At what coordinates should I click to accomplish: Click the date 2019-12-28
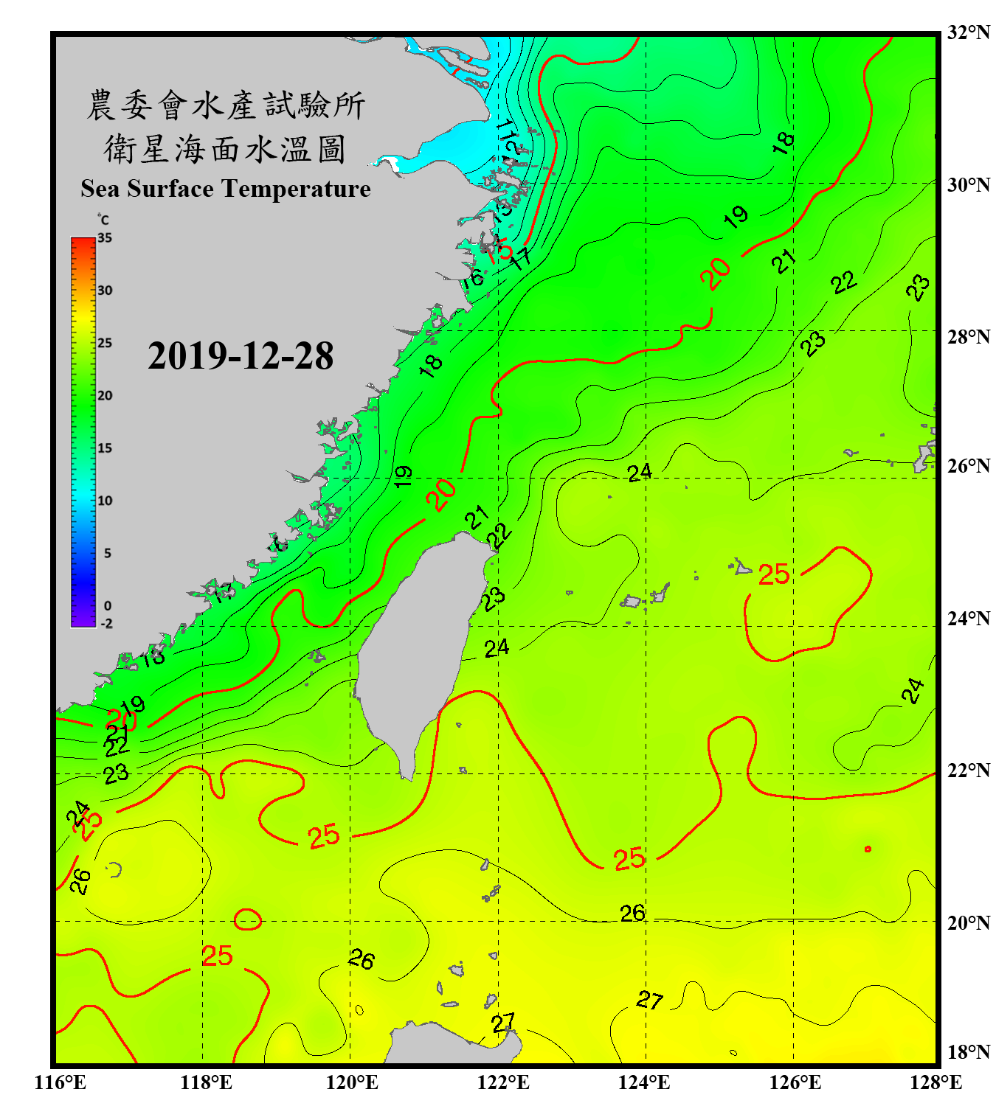[x=241, y=356]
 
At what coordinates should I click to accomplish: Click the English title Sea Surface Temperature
[x=226, y=189]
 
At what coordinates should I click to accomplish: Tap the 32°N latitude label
[x=968, y=32]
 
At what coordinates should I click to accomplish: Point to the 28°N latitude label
[x=968, y=337]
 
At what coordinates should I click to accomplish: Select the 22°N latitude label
[x=968, y=771]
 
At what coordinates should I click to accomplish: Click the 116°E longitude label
[x=60, y=1082]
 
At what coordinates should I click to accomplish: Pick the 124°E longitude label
[x=644, y=1082]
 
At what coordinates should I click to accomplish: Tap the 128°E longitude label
[x=936, y=1082]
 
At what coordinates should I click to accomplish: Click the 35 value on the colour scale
[x=105, y=238]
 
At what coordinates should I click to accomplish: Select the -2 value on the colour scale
[x=106, y=624]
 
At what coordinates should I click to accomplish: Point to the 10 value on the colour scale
[x=105, y=501]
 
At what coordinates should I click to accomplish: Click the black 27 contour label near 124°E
[x=649, y=1001]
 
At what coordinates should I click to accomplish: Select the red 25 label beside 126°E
[x=774, y=574]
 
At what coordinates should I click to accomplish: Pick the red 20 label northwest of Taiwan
[x=441, y=494]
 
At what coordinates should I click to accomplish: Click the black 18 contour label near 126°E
[x=783, y=142]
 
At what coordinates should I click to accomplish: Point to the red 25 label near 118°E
[x=217, y=956]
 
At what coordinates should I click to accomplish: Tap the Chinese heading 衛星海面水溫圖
[x=226, y=149]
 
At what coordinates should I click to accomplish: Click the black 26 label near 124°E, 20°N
[x=632, y=914]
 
